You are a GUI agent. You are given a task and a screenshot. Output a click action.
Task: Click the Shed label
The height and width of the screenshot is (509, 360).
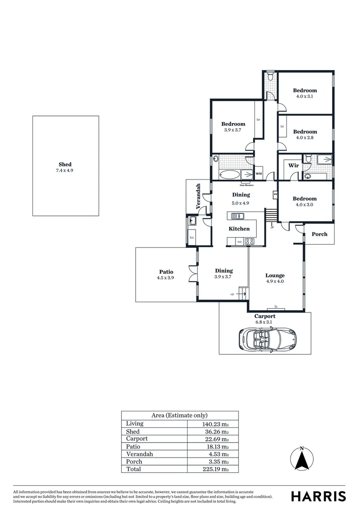click(x=65, y=164)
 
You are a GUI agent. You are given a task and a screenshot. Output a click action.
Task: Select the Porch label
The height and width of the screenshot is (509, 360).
click(x=319, y=234)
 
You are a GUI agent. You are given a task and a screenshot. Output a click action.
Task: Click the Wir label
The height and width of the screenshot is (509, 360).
click(x=294, y=166)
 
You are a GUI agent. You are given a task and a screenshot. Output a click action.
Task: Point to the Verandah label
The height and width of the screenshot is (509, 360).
click(x=198, y=196)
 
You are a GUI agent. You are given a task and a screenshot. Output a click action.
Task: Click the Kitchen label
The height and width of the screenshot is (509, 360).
click(x=239, y=229)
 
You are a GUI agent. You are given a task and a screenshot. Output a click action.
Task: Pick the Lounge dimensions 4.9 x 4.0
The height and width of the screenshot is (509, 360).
click(x=275, y=281)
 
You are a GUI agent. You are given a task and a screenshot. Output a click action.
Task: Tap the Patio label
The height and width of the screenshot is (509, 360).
click(x=166, y=271)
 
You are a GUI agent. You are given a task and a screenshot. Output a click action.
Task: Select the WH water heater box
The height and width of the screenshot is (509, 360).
click(x=258, y=173)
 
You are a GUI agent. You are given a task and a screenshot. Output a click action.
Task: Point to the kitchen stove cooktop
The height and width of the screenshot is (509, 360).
click(x=250, y=241)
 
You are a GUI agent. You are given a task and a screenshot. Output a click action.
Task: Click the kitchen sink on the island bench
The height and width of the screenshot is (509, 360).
click(x=237, y=216)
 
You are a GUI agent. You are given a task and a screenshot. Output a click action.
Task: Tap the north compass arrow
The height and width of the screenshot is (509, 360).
click(x=302, y=459)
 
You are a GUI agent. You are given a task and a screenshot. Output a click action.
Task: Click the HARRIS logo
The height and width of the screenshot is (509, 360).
click(x=318, y=496)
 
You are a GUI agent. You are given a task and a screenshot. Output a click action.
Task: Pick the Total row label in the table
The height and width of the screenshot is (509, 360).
click(x=133, y=469)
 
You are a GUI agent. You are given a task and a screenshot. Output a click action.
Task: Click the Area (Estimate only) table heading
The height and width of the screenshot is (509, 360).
click(x=180, y=415)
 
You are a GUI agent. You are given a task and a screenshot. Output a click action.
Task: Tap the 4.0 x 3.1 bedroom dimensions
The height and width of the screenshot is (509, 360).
click(x=305, y=96)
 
